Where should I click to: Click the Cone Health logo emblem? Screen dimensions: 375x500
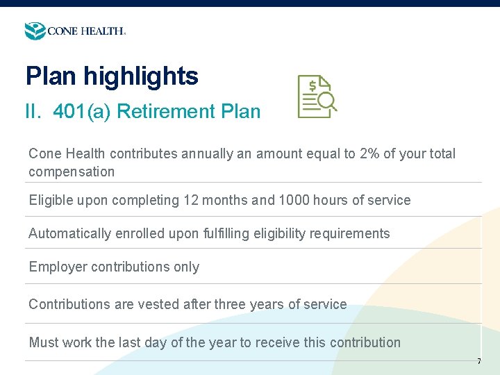tap(35, 31)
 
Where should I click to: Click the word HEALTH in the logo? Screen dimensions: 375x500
tap(103, 31)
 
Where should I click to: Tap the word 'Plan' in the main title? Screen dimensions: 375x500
tap(48, 76)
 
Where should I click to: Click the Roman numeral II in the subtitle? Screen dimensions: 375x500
tap(35, 111)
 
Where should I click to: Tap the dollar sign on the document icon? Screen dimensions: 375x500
tap(313, 86)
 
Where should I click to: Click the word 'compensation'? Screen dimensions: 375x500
tap(72, 172)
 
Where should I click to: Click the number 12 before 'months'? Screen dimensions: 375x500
tap(191, 201)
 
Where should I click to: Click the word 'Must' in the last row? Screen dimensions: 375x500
tap(44, 342)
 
